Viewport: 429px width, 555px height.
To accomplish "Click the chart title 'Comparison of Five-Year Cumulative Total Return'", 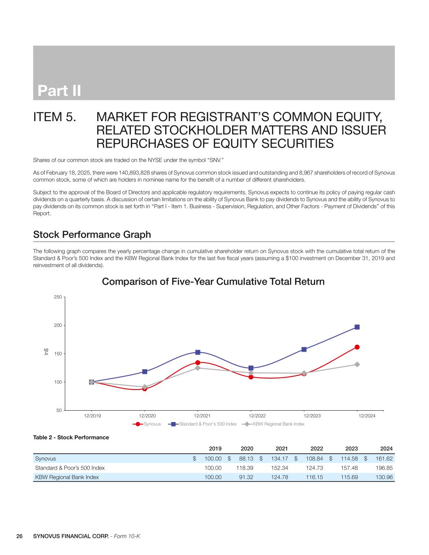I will click(x=213, y=281).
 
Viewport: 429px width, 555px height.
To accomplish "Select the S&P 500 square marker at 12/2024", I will click(x=357, y=327).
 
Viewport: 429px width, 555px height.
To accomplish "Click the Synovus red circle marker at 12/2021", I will click(x=198, y=363).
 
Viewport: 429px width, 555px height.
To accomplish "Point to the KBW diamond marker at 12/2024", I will click(x=357, y=364).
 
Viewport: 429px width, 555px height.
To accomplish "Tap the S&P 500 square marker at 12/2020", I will click(x=145, y=372).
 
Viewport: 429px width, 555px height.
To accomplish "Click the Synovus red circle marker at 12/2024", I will click(x=357, y=347).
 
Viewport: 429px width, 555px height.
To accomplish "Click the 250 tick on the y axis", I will click(x=57, y=297).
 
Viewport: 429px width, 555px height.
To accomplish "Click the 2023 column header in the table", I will click(x=351, y=448).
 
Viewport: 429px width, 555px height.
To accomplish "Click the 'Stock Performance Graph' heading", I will click(x=92, y=235).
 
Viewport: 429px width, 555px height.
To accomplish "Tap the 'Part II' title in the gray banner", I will click(x=59, y=91).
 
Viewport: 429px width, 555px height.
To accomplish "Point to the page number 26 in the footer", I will click(x=19, y=536).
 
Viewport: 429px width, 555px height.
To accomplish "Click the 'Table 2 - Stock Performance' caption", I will click(x=71, y=437).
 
